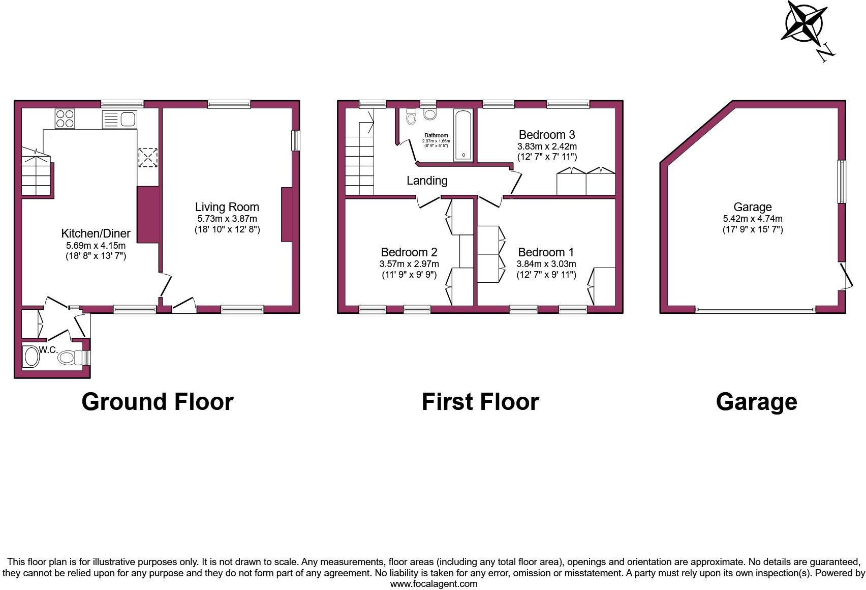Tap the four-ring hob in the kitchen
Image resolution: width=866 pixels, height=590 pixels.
[65, 119]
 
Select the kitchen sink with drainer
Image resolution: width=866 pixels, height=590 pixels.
[119, 120]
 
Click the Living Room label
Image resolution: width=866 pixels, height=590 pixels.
[227, 207]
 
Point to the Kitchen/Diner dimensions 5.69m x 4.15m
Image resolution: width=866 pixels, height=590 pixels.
[96, 245]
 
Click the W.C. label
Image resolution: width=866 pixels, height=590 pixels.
[48, 350]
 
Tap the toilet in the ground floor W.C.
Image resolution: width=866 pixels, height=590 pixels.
[70, 358]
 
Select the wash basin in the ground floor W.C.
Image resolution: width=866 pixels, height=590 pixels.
[32, 357]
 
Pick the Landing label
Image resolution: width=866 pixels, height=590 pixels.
[427, 181]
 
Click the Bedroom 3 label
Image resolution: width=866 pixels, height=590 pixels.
[546, 135]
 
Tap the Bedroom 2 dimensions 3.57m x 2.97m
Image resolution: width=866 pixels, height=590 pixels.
[409, 264]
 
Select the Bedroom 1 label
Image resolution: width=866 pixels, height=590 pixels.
[546, 252]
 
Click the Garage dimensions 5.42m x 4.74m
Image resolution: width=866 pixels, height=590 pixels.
[753, 219]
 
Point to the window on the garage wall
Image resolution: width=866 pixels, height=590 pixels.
[842, 182]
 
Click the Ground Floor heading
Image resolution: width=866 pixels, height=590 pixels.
[157, 402]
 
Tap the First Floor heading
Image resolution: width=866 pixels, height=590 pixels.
[480, 402]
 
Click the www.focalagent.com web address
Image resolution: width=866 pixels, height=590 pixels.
[434, 584]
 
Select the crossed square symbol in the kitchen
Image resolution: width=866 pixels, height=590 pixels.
[148, 157]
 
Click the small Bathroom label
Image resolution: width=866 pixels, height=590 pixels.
[436, 135]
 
